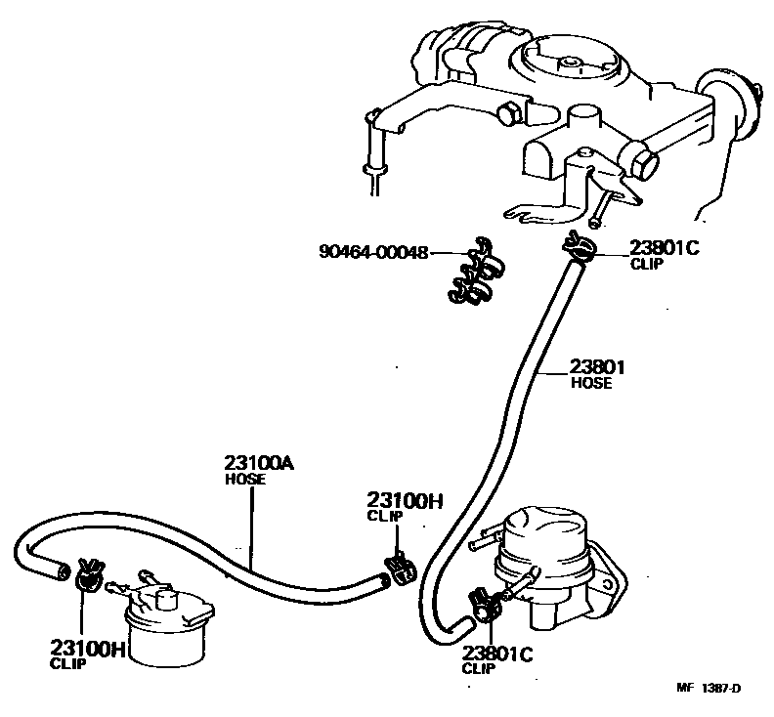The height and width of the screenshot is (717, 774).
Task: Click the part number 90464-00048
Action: pos(373,251)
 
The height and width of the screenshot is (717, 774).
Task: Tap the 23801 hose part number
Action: pos(598,367)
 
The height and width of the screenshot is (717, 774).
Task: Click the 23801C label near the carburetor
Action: pos(665,248)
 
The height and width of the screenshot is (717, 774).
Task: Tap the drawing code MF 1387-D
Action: pos(709,688)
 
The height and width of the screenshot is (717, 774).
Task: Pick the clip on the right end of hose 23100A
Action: pos(398,567)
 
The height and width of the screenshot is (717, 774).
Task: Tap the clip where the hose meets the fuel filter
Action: pos(88,576)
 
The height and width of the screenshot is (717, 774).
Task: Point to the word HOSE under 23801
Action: pos(591,384)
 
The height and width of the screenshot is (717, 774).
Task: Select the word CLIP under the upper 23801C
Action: pos(646,264)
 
